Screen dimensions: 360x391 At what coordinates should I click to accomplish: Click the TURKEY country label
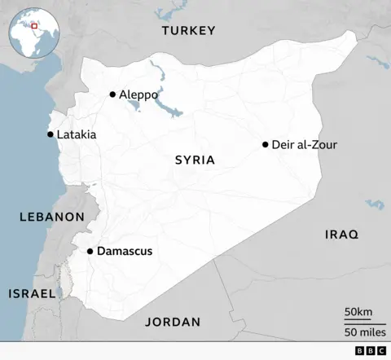188,31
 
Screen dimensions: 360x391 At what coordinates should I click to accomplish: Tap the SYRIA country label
195,160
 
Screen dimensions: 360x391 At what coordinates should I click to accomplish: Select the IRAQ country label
341,234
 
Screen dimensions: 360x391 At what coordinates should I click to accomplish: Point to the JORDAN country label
173,322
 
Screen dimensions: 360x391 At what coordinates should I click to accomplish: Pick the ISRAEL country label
32,293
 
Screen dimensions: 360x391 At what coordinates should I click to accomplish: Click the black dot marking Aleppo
112,94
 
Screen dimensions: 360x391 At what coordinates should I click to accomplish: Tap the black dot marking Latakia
50,134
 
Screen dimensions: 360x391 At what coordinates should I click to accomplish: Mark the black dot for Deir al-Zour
266,145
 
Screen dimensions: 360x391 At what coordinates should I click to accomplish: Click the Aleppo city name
138,94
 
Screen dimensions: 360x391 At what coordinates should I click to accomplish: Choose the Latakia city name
76,134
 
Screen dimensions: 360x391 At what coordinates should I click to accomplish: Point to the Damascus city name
124,252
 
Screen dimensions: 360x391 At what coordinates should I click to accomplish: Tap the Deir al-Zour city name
305,145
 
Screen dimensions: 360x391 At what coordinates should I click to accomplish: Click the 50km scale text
358,312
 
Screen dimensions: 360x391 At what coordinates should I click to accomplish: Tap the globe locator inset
30,29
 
